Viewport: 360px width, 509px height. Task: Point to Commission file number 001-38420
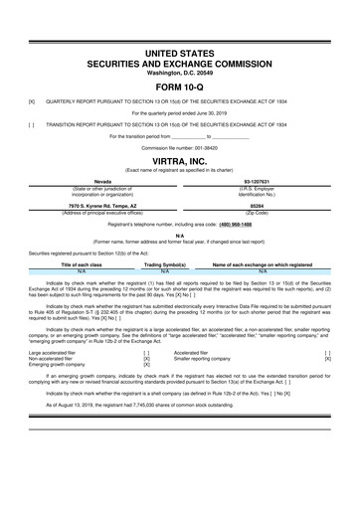click(x=179, y=147)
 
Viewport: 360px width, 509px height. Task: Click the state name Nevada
click(x=102, y=181)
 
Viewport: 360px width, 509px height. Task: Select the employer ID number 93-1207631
click(x=258, y=181)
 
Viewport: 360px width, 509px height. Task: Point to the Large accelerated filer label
click(x=56, y=351)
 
